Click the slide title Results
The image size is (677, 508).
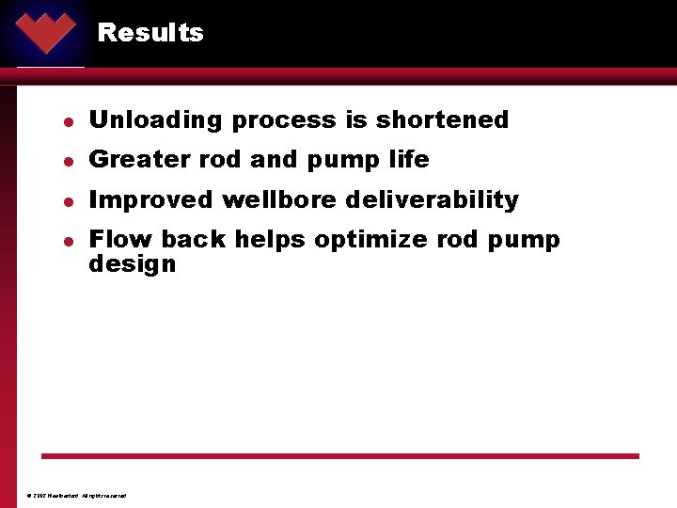tap(150, 33)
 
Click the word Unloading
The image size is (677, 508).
tap(156, 120)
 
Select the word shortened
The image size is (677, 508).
tap(442, 120)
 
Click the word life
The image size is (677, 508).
tap(408, 160)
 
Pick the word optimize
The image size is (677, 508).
tap(371, 241)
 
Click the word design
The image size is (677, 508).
tap(132, 264)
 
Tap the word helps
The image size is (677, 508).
tap(270, 241)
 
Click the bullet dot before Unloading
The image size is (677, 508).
tap(69, 121)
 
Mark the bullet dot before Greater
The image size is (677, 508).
tap(69, 161)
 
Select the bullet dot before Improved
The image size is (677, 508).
tap(69, 201)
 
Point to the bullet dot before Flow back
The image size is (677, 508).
tap(69, 241)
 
